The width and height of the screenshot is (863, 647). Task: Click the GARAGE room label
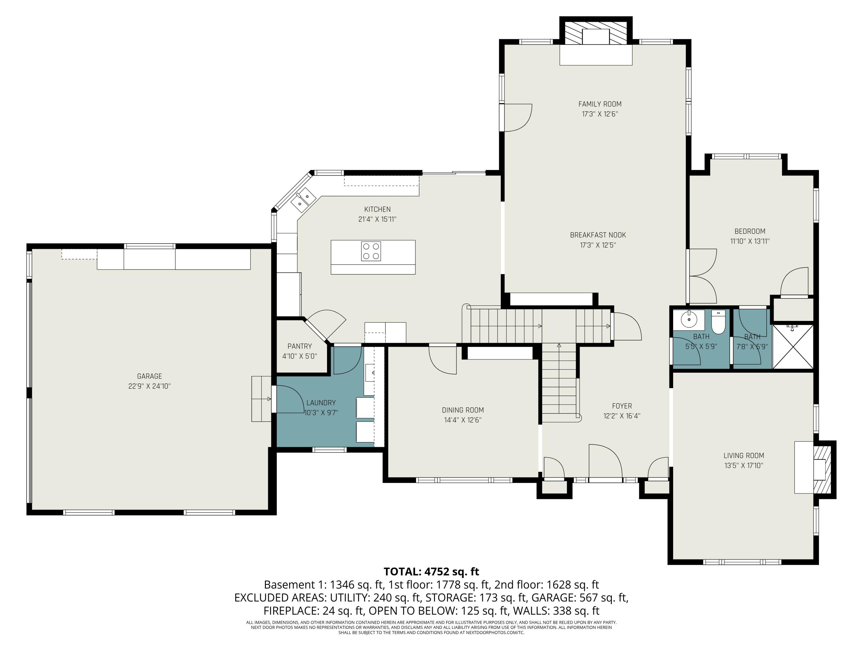[149, 376]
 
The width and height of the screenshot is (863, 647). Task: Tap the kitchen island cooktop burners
[371, 251]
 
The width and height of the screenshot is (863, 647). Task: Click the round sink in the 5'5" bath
[689, 320]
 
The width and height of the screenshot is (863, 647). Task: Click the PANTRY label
[300, 346]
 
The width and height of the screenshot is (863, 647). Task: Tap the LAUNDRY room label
[321, 403]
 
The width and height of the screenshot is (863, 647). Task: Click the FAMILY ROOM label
[600, 104]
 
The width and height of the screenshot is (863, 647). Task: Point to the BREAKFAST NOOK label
[598, 235]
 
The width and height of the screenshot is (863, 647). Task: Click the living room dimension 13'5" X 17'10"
[744, 465]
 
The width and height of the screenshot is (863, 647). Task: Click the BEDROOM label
[750, 231]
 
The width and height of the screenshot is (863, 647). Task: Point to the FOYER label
[622, 406]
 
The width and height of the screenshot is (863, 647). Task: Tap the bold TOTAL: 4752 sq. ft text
[431, 572]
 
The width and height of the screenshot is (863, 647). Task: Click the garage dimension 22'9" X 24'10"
[149, 386]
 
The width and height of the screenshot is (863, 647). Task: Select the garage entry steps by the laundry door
[261, 399]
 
